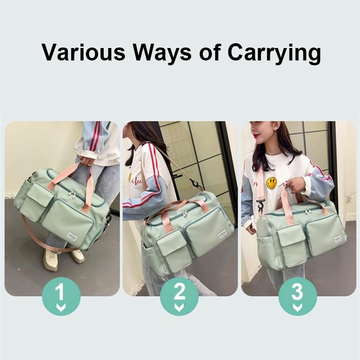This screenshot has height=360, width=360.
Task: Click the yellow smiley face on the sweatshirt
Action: (x=272, y=183)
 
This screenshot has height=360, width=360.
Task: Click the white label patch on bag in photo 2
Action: (x=222, y=235)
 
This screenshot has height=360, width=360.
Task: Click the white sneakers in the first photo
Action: (x=62, y=259)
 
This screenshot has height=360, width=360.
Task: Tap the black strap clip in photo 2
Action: (x=195, y=184)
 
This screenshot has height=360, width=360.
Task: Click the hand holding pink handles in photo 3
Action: (x=296, y=185)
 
